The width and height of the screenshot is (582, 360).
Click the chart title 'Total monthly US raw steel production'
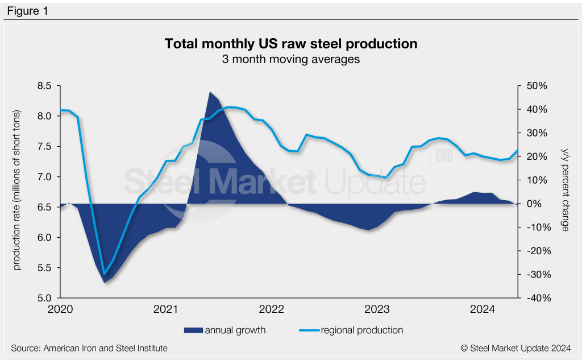click(290, 44)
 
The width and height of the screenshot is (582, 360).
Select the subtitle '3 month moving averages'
click(290, 59)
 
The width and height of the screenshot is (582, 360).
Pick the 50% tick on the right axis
click(534, 86)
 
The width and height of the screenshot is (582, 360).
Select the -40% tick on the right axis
click(534, 298)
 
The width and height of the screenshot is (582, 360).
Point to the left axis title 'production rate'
click(17, 192)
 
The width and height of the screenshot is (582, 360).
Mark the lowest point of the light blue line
click(104, 274)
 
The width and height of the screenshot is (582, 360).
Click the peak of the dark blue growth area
click(210, 92)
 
